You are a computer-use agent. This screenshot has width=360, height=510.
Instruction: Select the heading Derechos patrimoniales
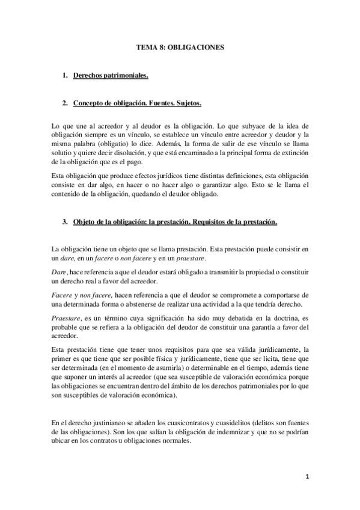tap(111, 76)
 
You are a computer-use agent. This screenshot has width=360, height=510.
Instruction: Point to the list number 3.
tap(64, 221)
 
